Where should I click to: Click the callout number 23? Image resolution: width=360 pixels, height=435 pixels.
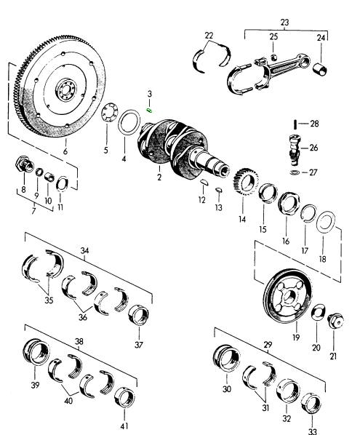tap(284, 23)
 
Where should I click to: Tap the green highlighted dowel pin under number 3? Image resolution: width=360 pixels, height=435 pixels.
tap(150, 111)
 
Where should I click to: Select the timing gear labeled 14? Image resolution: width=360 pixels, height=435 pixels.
tap(246, 182)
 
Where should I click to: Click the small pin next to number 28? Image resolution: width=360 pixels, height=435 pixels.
tap(296, 124)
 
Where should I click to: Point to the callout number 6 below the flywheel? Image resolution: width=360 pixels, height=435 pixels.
tap(65, 151)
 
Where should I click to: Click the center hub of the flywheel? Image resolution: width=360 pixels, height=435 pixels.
tap(65, 90)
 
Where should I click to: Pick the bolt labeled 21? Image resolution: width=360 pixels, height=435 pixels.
tap(336, 321)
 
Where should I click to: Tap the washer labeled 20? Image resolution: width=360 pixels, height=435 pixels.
tap(317, 312)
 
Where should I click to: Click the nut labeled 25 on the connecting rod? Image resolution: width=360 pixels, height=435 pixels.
tap(273, 57)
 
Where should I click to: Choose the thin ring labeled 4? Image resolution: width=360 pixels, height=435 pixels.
tap(129, 122)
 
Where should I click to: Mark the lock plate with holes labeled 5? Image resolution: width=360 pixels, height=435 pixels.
tap(110, 113)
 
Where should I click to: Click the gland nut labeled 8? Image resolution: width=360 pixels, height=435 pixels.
tap(24, 165)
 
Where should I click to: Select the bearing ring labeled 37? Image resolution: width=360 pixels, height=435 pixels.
tap(138, 314)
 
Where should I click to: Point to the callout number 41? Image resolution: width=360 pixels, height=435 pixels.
tap(124, 426)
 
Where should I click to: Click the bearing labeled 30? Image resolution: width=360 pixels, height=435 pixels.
tap(227, 358)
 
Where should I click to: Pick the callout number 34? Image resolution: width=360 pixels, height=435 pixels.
tap(84, 251)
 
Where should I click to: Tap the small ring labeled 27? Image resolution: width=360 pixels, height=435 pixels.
tap(295, 172)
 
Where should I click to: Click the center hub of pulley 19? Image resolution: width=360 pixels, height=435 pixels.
tap(289, 297)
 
